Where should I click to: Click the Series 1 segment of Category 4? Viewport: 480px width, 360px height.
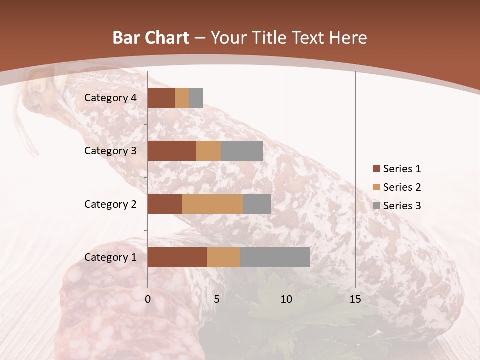[x=161, y=98]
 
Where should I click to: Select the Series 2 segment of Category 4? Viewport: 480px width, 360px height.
[x=182, y=98]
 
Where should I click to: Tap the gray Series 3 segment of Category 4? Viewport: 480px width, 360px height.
[x=196, y=98]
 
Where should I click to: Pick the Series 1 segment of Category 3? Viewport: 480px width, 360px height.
[x=172, y=151]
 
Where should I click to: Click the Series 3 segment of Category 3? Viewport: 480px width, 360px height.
[x=242, y=151]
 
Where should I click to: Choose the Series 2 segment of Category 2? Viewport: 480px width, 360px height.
[x=213, y=204]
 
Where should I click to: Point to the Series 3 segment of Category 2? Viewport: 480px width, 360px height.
[x=257, y=204]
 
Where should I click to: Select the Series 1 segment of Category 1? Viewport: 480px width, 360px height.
[x=177, y=257]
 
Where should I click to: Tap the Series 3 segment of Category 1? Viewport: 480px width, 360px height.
[x=275, y=257]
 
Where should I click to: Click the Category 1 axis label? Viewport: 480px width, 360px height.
[x=110, y=257]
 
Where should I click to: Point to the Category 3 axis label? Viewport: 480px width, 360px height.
[x=110, y=151]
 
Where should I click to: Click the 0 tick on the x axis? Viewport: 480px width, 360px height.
[x=148, y=299]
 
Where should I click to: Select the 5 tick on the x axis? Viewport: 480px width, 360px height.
[x=217, y=299]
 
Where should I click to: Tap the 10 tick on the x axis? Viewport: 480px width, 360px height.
[x=286, y=299]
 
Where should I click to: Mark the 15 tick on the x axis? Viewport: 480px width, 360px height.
[x=355, y=299]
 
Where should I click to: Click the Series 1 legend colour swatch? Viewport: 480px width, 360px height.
[x=376, y=169]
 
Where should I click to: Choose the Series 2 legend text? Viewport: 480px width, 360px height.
[x=402, y=187]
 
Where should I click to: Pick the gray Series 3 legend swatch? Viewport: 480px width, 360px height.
[x=376, y=206]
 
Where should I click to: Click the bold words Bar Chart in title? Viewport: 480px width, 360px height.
[x=151, y=38]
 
